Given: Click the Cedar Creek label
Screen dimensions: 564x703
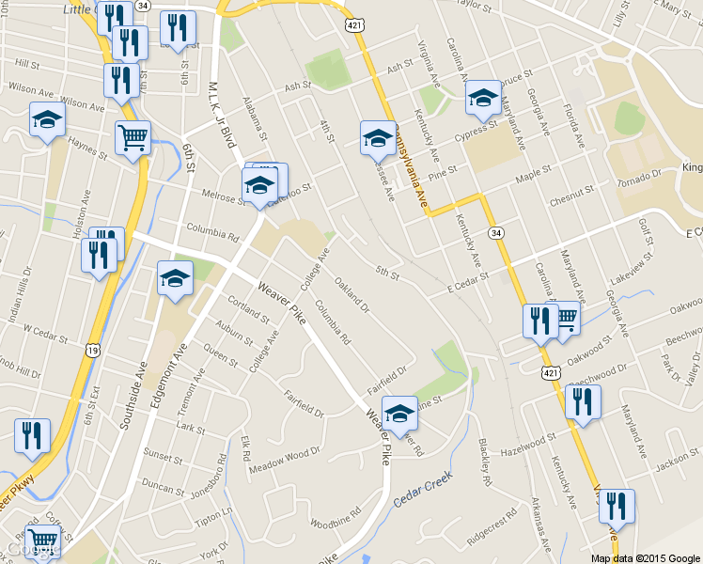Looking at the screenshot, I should [x=423, y=492].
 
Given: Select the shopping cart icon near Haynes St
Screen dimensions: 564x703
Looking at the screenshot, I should [x=133, y=138].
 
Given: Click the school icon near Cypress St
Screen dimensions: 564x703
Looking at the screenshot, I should [x=483, y=97].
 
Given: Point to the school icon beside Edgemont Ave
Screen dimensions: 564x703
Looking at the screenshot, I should [x=175, y=278].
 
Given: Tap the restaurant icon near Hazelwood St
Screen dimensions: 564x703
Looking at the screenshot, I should [x=583, y=402].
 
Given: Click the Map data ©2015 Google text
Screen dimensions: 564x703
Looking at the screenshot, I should [x=644, y=557].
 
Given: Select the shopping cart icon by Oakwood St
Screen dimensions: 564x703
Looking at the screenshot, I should [x=565, y=318].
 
